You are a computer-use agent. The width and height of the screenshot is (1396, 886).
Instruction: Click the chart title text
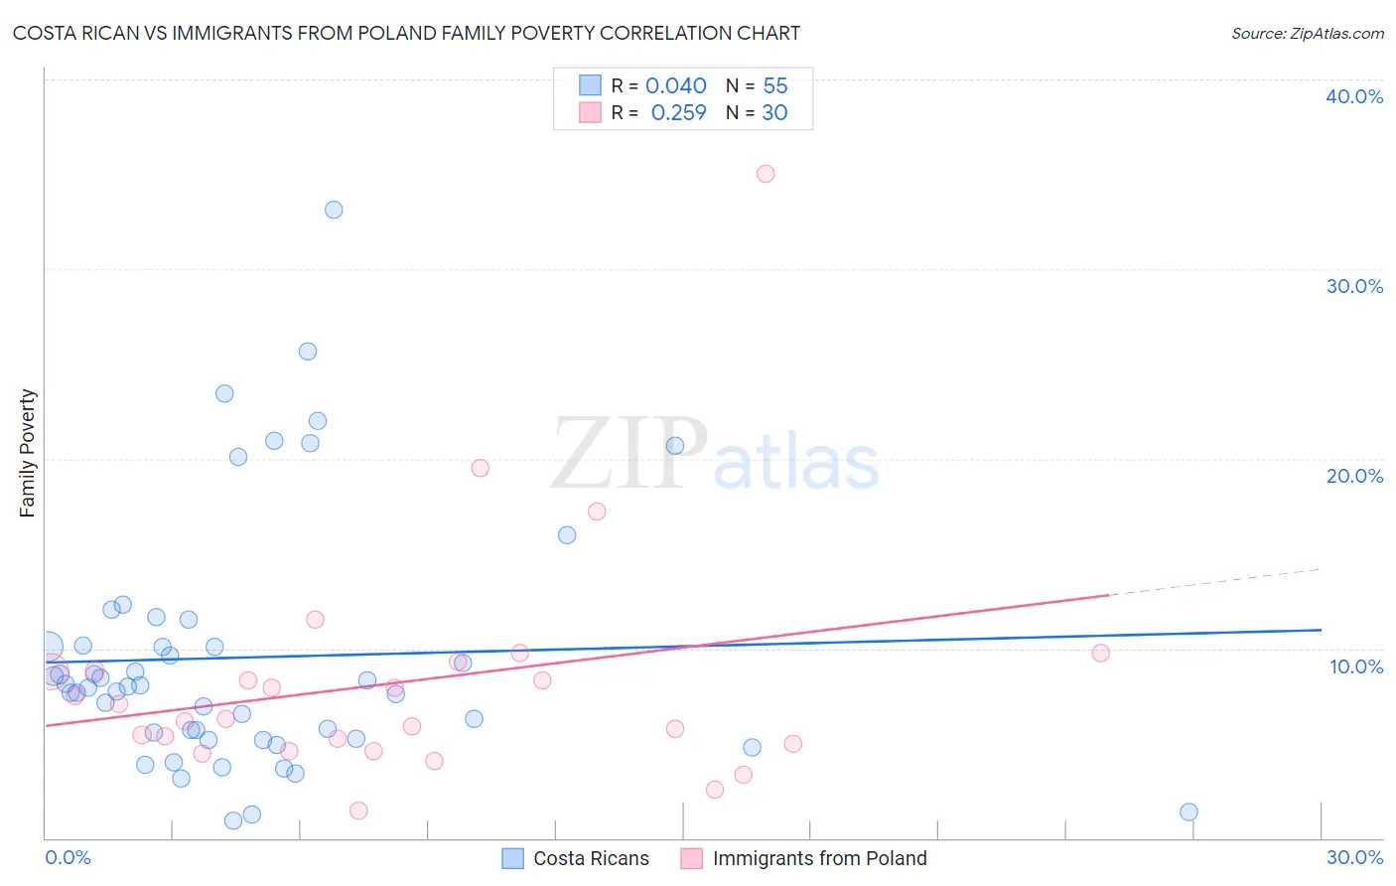[406, 33]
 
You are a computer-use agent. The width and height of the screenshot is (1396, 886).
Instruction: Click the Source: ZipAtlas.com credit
[1307, 33]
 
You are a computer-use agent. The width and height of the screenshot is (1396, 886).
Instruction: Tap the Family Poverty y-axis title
[28, 453]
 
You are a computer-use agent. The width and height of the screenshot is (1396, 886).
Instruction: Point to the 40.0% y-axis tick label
[1353, 96]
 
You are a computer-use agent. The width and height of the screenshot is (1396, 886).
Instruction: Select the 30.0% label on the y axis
[1353, 286]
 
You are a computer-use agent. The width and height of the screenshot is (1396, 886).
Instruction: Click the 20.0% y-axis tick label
[1353, 476]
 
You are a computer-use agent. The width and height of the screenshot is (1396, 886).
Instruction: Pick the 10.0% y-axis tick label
[1355, 666]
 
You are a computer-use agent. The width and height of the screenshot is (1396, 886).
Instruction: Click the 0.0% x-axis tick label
[68, 857]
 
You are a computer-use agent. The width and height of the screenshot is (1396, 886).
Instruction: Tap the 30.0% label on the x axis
[1353, 857]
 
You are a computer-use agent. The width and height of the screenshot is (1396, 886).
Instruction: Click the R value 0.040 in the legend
[675, 86]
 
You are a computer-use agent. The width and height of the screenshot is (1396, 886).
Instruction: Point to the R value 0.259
[678, 113]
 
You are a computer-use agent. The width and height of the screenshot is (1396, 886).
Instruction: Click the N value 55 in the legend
[774, 86]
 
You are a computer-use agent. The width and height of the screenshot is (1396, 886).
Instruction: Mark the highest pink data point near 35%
[766, 174]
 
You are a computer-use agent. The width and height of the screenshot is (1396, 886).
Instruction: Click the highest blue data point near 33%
[334, 210]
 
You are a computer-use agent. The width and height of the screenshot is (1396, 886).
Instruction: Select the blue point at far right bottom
[1188, 812]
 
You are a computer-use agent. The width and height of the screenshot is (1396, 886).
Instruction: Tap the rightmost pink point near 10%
[1100, 653]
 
